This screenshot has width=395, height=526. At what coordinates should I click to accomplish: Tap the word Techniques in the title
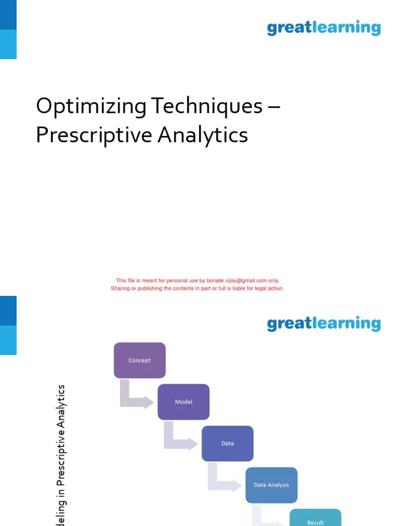pyautogui.click(x=207, y=107)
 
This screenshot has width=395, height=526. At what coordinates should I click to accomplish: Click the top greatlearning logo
pyautogui.click(x=324, y=28)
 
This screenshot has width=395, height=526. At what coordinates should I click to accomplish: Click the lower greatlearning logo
pyautogui.click(x=324, y=324)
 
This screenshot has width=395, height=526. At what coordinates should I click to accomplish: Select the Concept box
pyautogui.click(x=139, y=360)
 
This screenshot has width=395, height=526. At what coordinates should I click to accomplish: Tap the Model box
pyautogui.click(x=184, y=402)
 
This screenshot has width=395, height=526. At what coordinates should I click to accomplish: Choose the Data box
pyautogui.click(x=227, y=443)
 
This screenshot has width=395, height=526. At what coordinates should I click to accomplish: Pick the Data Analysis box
pyautogui.click(x=271, y=485)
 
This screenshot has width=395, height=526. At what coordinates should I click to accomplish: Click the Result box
pyautogui.click(x=315, y=519)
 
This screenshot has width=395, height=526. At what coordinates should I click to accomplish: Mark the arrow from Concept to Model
pyautogui.click(x=135, y=398)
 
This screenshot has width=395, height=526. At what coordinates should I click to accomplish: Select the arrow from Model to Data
pyautogui.click(x=179, y=440)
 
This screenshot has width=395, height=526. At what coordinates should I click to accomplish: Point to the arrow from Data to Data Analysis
pyautogui.click(x=223, y=482)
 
